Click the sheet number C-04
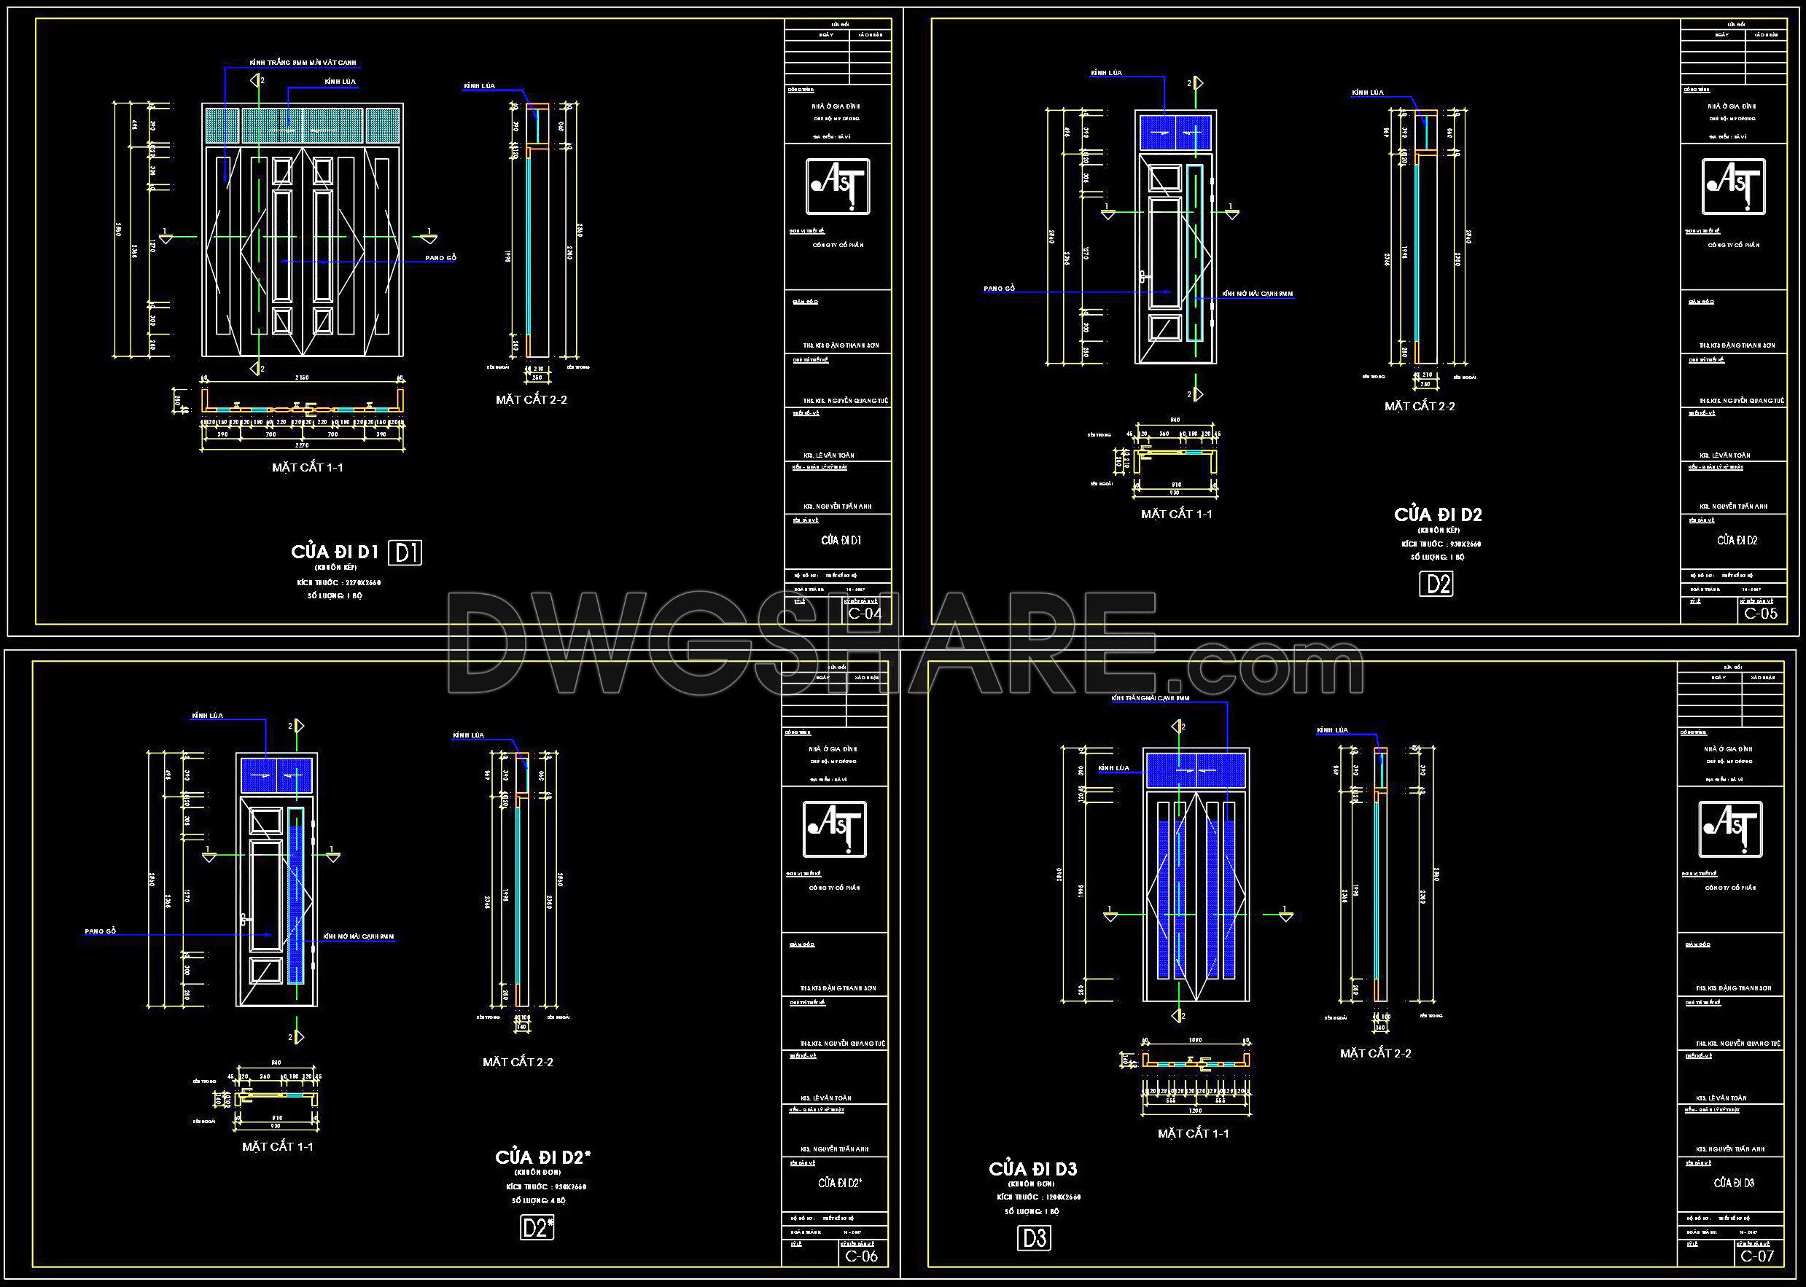(864, 613)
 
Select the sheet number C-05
(1761, 613)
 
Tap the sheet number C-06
(861, 1256)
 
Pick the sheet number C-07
(1757, 1256)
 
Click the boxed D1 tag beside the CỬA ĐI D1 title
(405, 552)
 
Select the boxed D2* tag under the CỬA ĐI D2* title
(537, 1227)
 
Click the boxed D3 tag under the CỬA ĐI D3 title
(1035, 1238)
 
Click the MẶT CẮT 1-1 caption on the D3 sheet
(1193, 1134)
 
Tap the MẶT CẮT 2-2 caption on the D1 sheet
(532, 399)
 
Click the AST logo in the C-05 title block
(1733, 187)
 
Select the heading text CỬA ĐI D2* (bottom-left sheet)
(542, 1158)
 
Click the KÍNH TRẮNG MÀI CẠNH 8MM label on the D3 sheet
(1151, 698)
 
